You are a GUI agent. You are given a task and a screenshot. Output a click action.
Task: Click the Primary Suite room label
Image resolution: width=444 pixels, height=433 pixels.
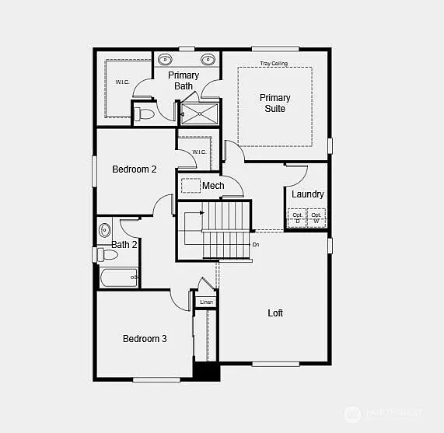click(x=274, y=103)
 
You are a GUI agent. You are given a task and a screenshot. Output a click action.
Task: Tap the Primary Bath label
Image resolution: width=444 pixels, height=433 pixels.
click(x=184, y=81)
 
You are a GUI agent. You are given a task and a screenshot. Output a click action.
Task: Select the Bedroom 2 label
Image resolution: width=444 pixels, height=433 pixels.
click(x=135, y=169)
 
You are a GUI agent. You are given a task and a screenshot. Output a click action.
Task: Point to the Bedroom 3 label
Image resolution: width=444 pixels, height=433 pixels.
click(x=145, y=339)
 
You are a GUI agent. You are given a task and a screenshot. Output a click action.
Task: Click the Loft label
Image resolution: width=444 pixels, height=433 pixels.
click(x=275, y=313)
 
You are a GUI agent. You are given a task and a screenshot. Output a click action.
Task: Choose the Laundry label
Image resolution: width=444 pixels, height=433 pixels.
click(x=308, y=194)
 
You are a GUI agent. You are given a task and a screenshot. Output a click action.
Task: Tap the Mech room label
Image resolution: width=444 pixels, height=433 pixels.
click(x=213, y=186)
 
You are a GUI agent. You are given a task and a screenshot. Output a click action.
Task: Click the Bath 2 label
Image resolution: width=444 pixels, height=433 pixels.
click(x=124, y=245)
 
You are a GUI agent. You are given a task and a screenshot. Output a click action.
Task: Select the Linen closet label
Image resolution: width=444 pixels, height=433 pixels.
click(x=206, y=302)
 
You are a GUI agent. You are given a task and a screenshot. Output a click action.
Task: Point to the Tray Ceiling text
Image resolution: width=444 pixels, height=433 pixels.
click(x=274, y=63)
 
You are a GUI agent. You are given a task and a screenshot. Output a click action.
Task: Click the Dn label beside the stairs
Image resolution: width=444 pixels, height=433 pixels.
click(x=256, y=244)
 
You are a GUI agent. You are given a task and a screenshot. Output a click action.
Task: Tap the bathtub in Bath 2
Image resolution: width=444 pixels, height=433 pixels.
click(x=118, y=277)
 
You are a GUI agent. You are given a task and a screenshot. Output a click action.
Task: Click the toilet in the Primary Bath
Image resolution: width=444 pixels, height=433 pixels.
click(x=144, y=114)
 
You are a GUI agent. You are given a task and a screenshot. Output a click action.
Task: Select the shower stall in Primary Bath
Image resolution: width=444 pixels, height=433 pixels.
click(x=200, y=114)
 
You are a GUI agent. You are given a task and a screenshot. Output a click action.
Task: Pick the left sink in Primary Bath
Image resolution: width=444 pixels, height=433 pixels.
click(x=166, y=60)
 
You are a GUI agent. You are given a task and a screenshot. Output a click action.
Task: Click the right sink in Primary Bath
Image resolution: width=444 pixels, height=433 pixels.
click(x=208, y=60)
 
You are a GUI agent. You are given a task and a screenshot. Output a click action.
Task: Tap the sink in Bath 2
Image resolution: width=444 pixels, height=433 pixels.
click(x=105, y=229)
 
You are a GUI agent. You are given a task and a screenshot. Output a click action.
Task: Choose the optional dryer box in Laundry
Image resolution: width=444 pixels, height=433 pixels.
click(x=297, y=218)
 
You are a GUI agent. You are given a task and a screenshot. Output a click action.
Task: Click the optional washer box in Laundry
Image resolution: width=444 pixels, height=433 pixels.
click(x=316, y=218)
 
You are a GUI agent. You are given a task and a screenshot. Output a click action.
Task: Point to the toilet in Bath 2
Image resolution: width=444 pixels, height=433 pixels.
click(x=107, y=254)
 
